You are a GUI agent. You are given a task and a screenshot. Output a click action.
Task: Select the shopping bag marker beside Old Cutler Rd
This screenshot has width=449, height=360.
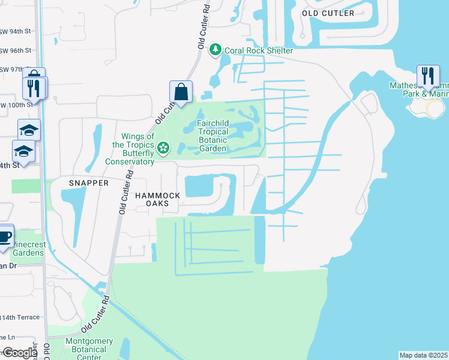coord(181,92)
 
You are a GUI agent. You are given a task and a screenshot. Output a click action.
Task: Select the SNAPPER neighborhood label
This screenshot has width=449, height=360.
coord(88,182)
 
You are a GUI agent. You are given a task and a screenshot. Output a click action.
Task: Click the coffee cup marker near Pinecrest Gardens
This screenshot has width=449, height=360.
coord(4,236)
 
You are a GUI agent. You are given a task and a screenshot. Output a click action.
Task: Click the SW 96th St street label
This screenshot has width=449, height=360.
coord(16,50)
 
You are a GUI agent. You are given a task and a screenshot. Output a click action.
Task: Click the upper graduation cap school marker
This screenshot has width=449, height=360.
coord(29,129)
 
